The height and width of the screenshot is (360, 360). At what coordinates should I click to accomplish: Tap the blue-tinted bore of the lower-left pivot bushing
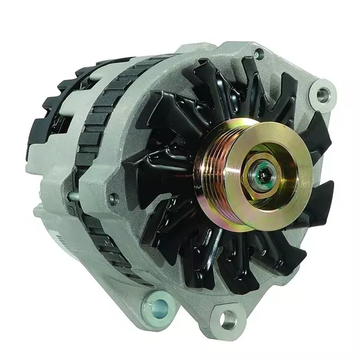click(x=161, y=308)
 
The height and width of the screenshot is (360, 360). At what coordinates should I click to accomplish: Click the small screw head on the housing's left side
click(x=114, y=197)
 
